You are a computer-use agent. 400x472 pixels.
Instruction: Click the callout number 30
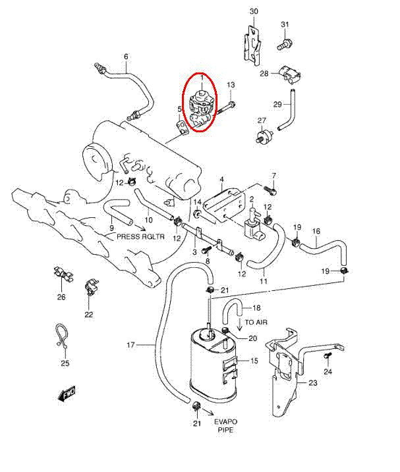coord(254,12)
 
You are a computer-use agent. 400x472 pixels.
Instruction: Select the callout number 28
coord(264,74)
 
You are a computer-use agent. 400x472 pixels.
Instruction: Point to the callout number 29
coord(277,104)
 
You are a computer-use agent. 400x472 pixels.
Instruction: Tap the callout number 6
coord(126,56)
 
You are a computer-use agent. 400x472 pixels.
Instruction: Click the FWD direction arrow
coord(67,394)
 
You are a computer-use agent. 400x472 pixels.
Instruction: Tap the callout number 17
coord(130,345)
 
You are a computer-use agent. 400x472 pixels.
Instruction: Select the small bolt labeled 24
coord(328,356)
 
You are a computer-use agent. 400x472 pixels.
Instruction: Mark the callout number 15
coord(254,361)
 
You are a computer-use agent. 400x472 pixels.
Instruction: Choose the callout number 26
coord(61,297)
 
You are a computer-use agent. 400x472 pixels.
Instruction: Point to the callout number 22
coord(89,314)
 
